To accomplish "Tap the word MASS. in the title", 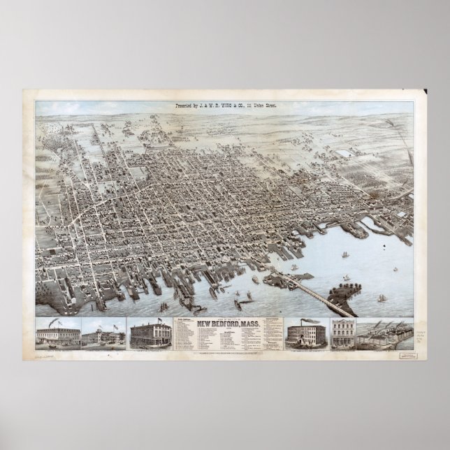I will pos(254,324).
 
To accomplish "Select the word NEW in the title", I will pos(203,324).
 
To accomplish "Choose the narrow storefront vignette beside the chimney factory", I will pos(342,333).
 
